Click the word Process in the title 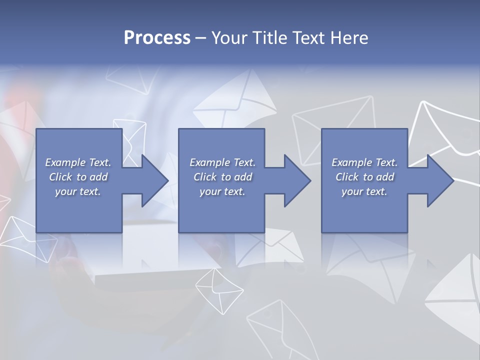(157, 38)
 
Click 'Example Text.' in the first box (78, 162)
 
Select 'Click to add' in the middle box (222, 177)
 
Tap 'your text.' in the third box (364, 191)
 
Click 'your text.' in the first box (78, 191)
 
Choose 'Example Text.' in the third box (364, 162)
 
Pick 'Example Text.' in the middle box (222, 162)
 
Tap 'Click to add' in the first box (78, 177)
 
